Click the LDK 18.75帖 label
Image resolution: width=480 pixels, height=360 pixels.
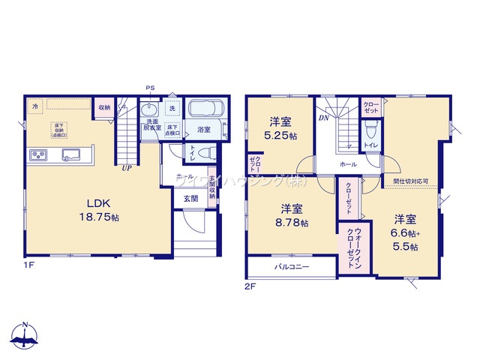[x=98, y=208]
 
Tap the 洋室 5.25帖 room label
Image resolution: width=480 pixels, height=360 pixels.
[x=282, y=130]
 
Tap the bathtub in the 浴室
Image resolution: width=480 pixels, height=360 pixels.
[x=204, y=109]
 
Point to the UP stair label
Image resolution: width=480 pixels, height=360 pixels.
[x=128, y=168]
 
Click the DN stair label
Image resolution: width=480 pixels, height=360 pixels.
[x=324, y=118]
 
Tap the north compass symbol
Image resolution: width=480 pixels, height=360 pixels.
[x=25, y=335]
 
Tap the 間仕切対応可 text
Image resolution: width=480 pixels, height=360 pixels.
[x=410, y=181]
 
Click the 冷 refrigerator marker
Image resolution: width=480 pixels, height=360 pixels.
[x=35, y=106]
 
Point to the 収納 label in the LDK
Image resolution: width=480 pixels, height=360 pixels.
[x=103, y=107]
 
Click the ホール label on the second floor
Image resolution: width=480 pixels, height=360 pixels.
[x=347, y=163]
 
